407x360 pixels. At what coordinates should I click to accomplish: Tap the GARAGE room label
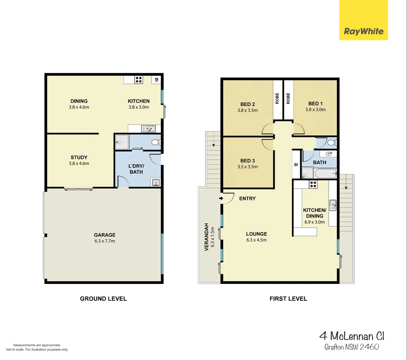(104, 235)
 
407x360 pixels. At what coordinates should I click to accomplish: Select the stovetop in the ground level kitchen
(139, 80)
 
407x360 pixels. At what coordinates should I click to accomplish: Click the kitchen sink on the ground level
(148, 129)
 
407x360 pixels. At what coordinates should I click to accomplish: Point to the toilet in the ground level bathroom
(156, 142)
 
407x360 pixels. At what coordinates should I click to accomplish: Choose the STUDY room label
(79, 157)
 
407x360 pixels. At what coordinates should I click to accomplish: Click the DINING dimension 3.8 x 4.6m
(79, 107)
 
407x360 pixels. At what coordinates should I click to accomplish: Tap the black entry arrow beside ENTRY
(221, 198)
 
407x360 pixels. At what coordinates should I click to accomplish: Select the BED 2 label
(248, 104)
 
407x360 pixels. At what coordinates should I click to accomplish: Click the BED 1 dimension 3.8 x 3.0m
(316, 110)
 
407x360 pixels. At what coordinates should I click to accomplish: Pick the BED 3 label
(248, 161)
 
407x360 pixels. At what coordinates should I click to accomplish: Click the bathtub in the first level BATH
(326, 173)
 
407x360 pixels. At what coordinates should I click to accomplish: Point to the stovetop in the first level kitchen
(313, 184)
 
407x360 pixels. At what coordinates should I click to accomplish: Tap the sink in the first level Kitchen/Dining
(333, 205)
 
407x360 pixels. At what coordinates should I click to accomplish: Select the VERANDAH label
(207, 237)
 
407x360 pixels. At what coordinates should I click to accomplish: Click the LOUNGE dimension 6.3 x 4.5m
(257, 240)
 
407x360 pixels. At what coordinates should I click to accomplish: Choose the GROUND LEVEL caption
(103, 299)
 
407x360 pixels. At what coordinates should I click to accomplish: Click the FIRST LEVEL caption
(288, 299)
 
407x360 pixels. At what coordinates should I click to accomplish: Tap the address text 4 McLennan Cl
(352, 336)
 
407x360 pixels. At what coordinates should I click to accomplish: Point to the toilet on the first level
(331, 143)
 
